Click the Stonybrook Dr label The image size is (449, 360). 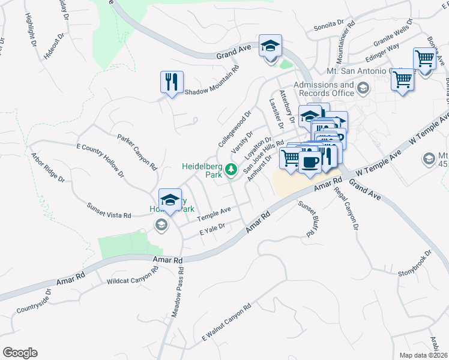415,265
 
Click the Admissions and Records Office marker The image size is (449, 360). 363,89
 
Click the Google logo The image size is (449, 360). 20,353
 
